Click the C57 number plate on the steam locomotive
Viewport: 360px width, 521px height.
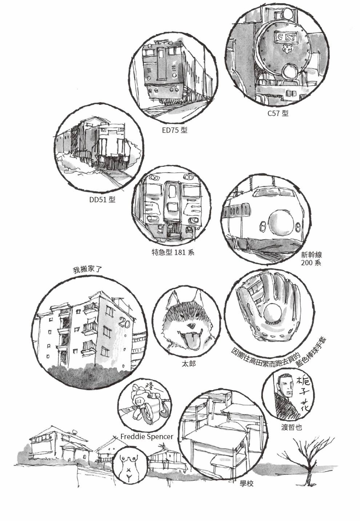tap(287, 37)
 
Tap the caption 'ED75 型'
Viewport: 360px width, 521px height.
tap(175, 130)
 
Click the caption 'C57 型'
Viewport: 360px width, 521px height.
tap(278, 113)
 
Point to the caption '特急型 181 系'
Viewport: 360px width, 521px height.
tap(173, 252)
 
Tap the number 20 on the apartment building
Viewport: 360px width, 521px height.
tap(124, 323)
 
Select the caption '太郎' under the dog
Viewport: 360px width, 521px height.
tap(189, 363)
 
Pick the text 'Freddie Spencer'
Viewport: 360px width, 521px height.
tap(147, 437)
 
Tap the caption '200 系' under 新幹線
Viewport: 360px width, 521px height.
tap(311, 263)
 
